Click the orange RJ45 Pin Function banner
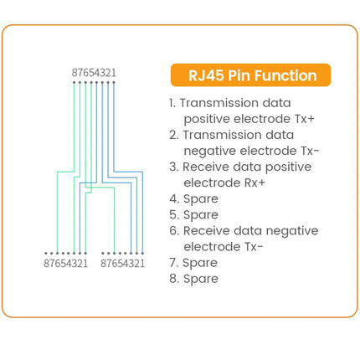(x=250, y=75)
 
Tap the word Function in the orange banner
(x=285, y=75)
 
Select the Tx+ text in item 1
(x=305, y=119)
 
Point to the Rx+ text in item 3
(x=255, y=183)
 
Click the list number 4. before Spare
(x=174, y=198)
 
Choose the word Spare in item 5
(x=201, y=215)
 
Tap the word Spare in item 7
(x=200, y=263)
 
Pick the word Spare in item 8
(x=201, y=279)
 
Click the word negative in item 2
(x=210, y=152)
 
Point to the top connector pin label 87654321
(x=94, y=73)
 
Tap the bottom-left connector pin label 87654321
(x=66, y=264)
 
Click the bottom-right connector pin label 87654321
(x=123, y=264)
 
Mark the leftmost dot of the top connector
(x=74, y=82)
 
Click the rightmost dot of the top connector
(x=114, y=82)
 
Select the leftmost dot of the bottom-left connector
(x=46, y=254)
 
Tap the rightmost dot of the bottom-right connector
(x=142, y=254)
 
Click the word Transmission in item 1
(x=219, y=103)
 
